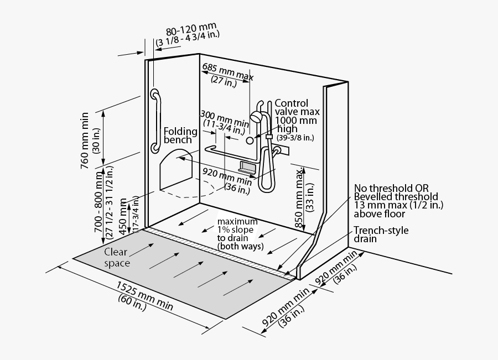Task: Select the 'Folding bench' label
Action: point(180,135)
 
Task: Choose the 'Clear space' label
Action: point(117,257)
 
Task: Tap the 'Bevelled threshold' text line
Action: point(396,196)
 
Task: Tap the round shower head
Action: point(256,117)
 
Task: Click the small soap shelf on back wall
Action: point(247,167)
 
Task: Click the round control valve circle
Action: point(250,140)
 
